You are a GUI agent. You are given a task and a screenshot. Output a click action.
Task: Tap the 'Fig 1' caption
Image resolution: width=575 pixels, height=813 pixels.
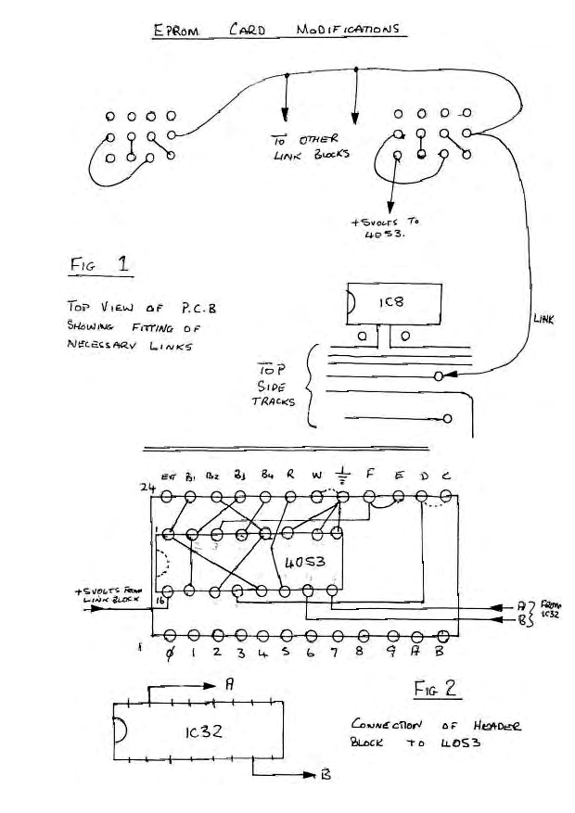[99, 265]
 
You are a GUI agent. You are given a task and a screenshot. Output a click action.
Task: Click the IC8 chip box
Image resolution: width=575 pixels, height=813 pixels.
[390, 303]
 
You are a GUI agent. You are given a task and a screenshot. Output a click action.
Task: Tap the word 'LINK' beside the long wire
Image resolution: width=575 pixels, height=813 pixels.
[544, 318]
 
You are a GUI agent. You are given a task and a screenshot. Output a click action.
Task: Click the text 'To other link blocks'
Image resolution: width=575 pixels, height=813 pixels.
[309, 147]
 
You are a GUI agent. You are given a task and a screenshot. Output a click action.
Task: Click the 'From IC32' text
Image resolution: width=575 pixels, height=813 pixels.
[555, 609]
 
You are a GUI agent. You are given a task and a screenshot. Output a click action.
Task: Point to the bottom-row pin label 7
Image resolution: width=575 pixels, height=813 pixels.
[332, 653]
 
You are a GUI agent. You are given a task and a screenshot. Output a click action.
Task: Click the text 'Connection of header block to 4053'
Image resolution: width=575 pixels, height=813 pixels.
[435, 733]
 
